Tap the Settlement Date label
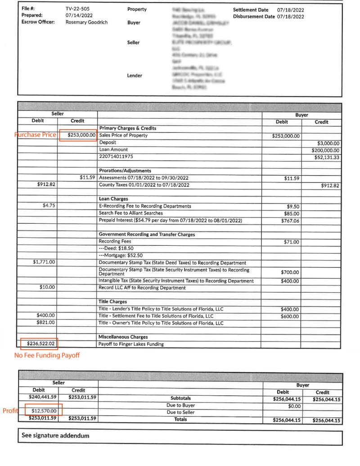tap(251, 9)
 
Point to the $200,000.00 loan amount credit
tap(327, 149)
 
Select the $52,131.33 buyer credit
tap(328, 157)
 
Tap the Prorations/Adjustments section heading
tap(125, 171)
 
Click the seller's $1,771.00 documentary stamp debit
tap(44, 262)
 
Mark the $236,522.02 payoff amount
tap(40, 344)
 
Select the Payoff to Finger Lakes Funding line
tap(130, 344)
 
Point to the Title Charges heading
tap(112, 302)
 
